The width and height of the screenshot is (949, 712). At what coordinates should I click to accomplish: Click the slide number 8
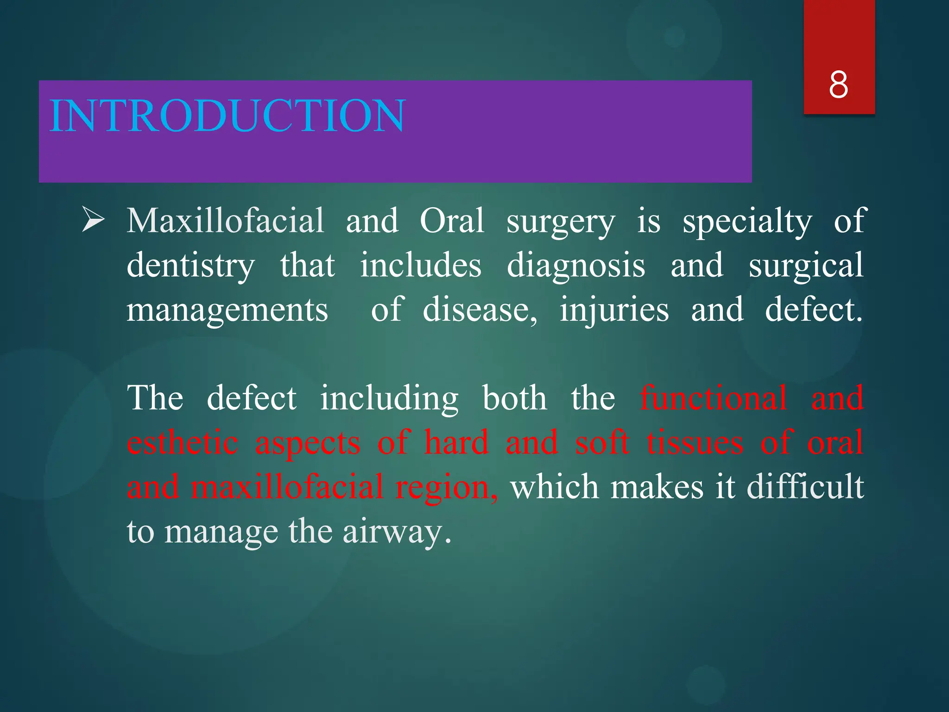tap(839, 85)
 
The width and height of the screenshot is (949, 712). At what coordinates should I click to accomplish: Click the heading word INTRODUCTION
tap(227, 115)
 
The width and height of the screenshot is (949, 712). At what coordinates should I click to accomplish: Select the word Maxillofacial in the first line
tap(225, 221)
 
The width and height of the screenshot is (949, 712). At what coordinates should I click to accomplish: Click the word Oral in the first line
tap(452, 221)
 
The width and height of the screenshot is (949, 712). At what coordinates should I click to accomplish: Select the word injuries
tap(614, 310)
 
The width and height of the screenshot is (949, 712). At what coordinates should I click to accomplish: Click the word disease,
tap(480, 310)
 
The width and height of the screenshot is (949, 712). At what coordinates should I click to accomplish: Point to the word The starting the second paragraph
tap(155, 398)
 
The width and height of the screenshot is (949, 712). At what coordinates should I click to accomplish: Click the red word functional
tap(713, 398)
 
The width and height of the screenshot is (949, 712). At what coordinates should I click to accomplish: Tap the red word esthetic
tap(183, 442)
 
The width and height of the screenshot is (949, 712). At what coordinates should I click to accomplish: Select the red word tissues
tap(695, 442)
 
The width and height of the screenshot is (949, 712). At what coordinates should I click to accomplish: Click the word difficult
tap(805, 487)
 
